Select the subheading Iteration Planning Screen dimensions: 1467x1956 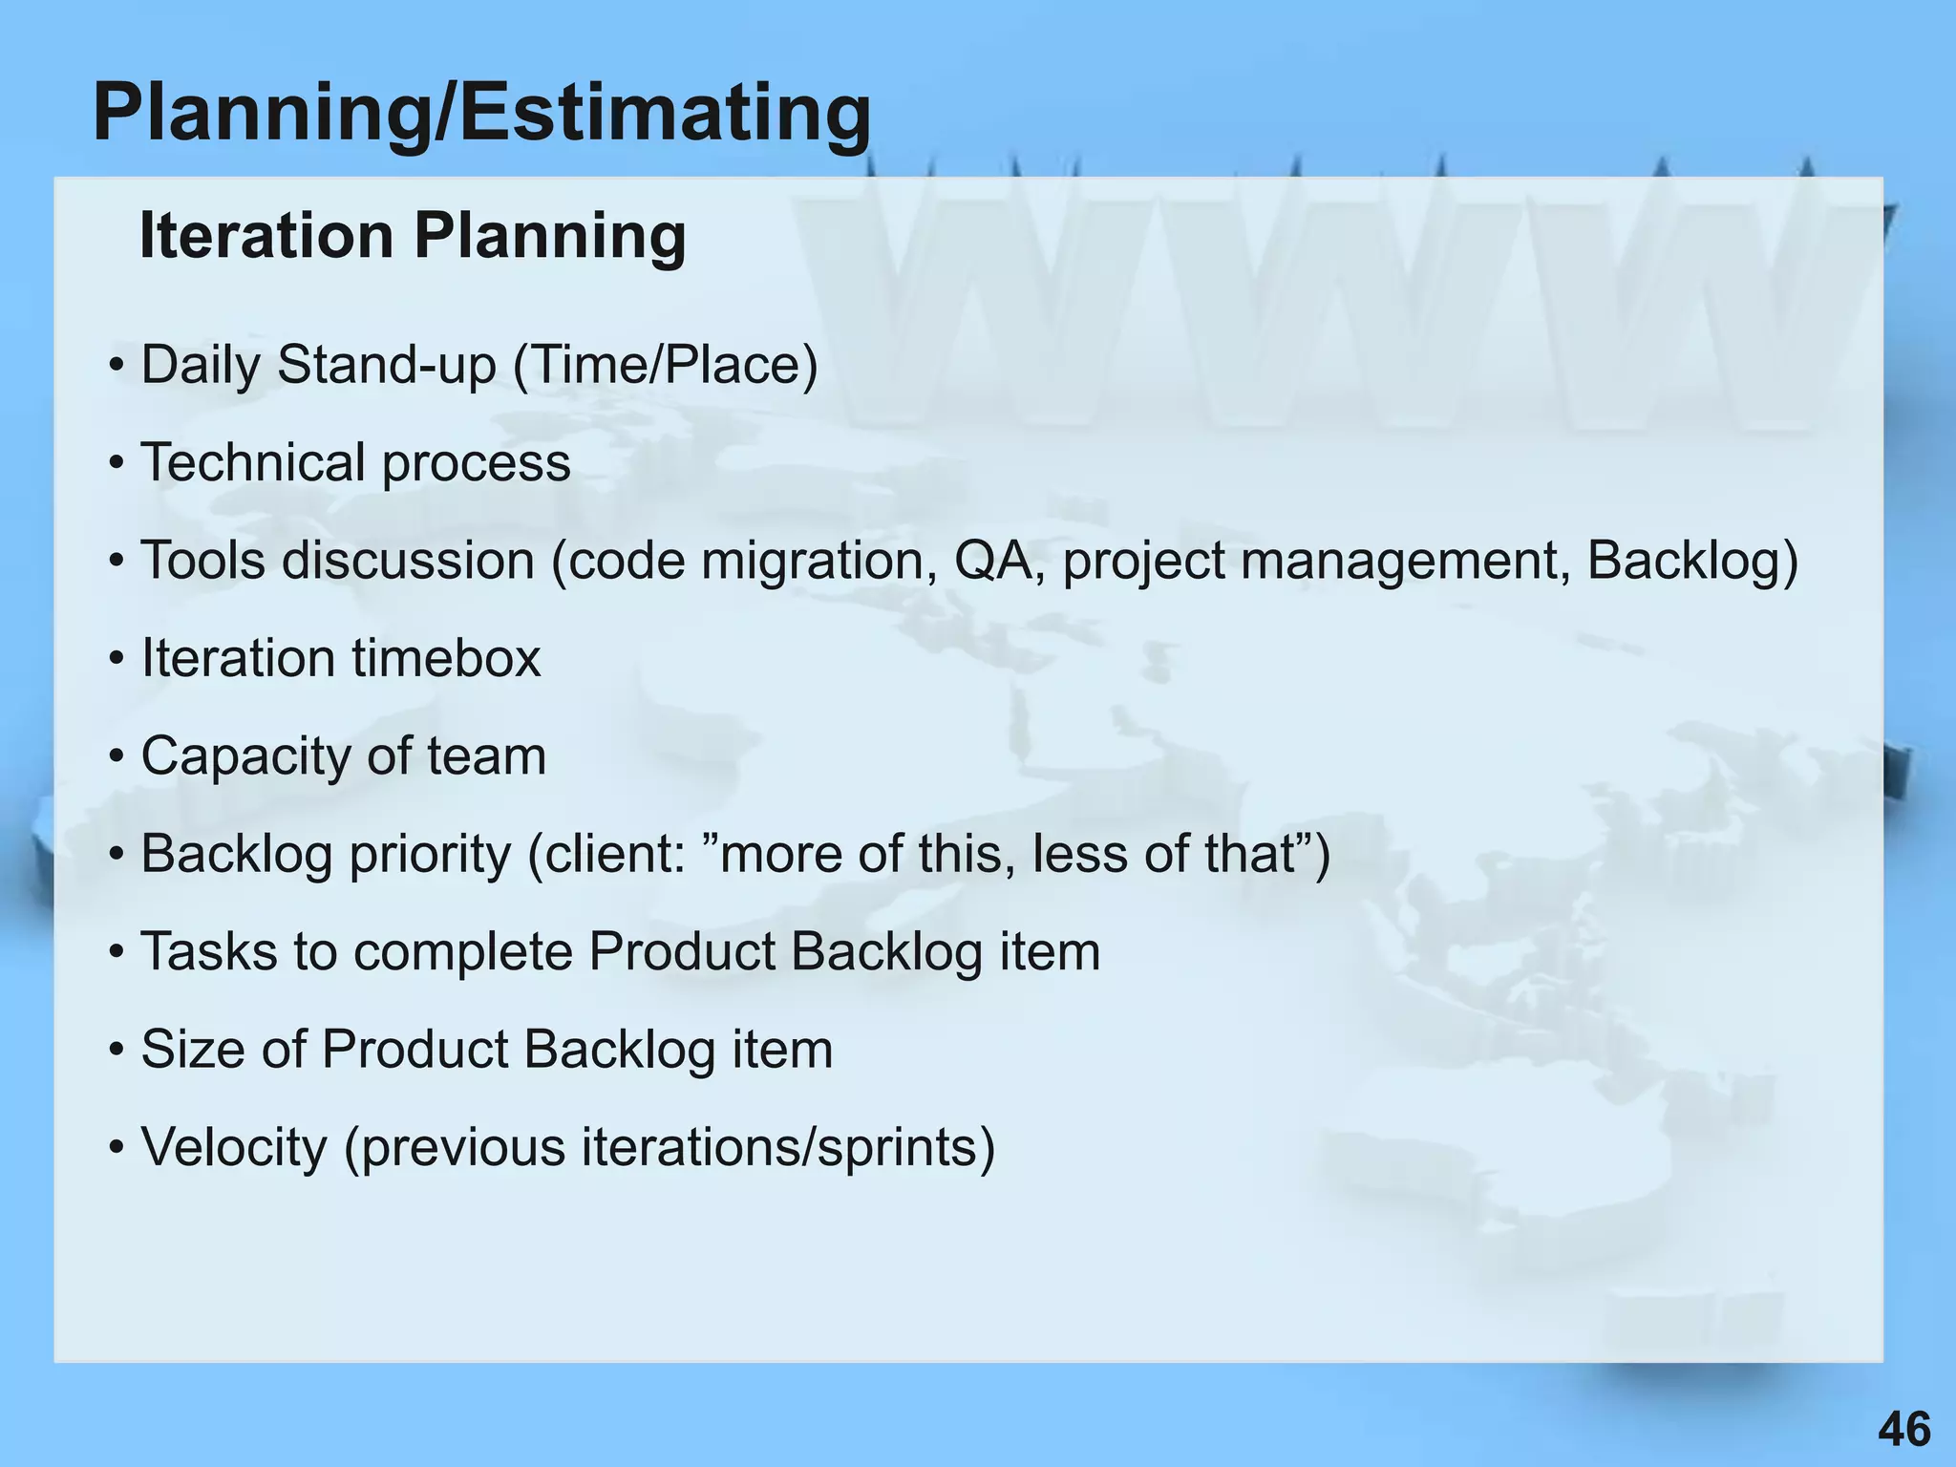click(413, 235)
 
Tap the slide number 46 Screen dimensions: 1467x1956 click(1903, 1430)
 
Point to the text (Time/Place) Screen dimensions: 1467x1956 click(666, 366)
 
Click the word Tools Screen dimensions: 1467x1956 click(203, 561)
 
